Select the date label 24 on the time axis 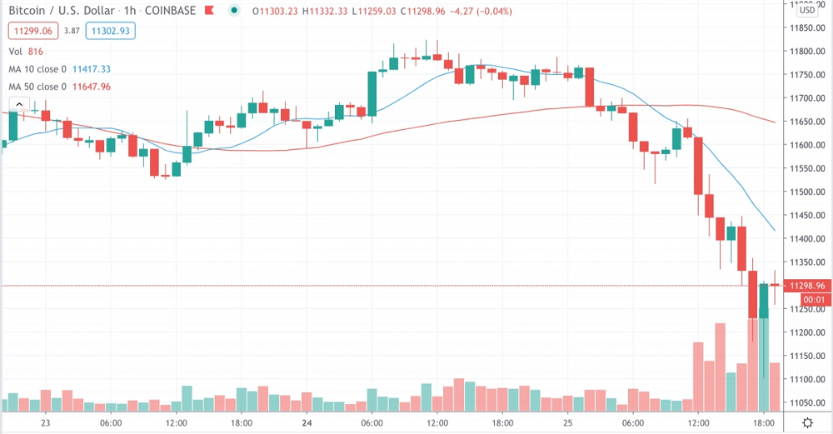click(x=307, y=422)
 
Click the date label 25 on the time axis click(x=567, y=422)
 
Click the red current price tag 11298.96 click(x=807, y=285)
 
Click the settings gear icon click(x=807, y=422)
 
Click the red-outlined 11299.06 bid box click(x=32, y=31)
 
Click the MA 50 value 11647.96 click(x=92, y=86)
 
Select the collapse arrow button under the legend click(x=18, y=104)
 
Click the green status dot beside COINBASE click(x=236, y=11)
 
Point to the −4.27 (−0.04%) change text click(x=478, y=11)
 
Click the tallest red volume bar click(x=720, y=367)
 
